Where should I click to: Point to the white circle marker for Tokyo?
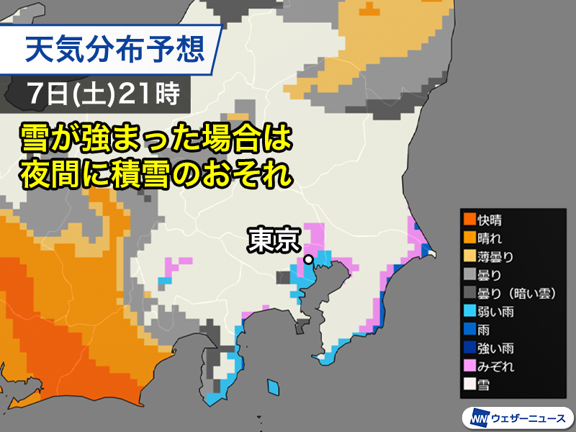tap(308, 258)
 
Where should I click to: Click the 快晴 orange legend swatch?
tap(469, 219)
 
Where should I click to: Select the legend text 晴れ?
tap(494, 237)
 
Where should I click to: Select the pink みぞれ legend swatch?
tap(469, 366)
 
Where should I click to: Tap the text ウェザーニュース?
tap(528, 417)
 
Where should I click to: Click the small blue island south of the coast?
tap(273, 387)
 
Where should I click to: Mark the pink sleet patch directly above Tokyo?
tap(315, 236)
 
